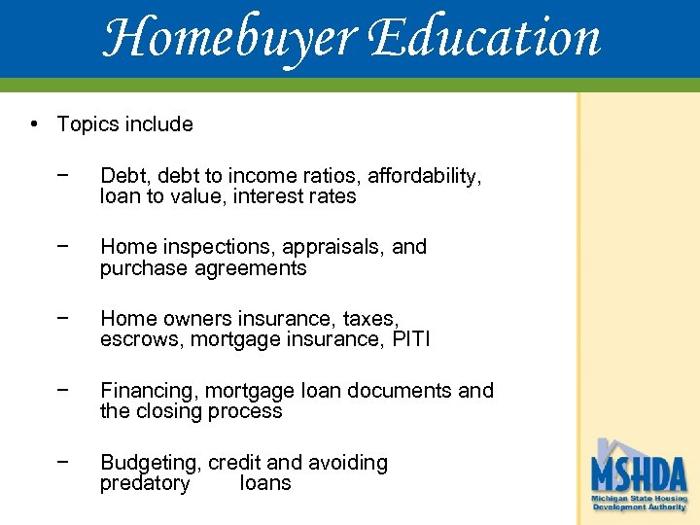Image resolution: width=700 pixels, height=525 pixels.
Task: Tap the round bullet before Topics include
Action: pos(34,124)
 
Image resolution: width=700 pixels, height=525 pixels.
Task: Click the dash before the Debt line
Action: pos(62,176)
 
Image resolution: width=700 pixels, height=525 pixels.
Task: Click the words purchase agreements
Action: pos(203,268)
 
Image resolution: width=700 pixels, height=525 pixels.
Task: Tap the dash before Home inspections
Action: pos(62,247)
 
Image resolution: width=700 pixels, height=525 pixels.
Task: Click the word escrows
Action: pos(141,339)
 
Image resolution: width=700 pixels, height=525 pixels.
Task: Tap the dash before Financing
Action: pos(62,391)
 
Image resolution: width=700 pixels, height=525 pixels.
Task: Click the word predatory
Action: pos(145,483)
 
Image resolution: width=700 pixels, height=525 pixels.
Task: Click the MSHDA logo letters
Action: pos(639,475)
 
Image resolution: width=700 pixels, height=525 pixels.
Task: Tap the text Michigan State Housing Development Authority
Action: pos(639,503)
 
